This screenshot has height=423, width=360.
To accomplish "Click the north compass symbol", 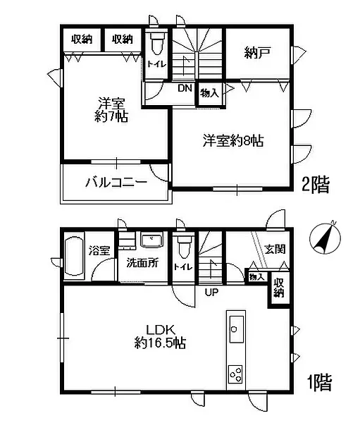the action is pos(325,238).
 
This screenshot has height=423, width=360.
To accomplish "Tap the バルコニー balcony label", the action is pos(116,183).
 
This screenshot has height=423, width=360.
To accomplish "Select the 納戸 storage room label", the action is pos(257,53).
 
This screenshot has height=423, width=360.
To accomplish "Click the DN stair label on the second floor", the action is pos(185,88).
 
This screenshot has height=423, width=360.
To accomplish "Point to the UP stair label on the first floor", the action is pos(211,292).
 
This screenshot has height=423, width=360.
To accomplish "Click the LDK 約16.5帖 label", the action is pos(160,336).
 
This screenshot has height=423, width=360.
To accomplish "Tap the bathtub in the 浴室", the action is pos(75,256).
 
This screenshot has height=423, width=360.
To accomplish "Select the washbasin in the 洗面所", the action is pos(152,240).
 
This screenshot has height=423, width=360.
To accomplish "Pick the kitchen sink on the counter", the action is pos(237,329).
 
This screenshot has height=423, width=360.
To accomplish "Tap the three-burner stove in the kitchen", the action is pos(235,374).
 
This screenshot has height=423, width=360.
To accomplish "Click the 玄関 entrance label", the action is pos(275,249).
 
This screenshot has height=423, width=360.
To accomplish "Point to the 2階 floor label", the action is pos(316,185).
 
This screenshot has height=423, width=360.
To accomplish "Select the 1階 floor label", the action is pos(320,383).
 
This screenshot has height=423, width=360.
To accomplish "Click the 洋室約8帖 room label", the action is pos(233,141).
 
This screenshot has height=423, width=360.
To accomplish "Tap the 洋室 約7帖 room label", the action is pos(111,110).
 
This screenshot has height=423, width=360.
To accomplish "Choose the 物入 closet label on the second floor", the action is pos(209,93).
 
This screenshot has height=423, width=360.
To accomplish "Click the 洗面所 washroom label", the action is pos(142,263).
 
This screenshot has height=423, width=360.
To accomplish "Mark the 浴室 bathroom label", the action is pos(99,251).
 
